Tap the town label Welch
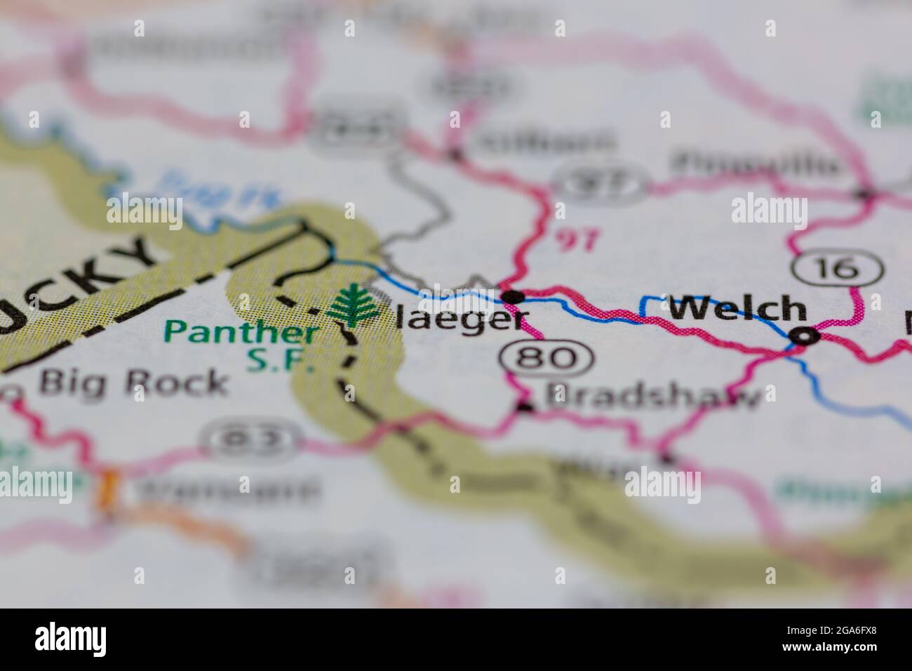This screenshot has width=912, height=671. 737,308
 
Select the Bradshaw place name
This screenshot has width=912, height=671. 652,398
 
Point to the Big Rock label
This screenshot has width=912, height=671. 133,383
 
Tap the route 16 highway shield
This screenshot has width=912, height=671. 837,267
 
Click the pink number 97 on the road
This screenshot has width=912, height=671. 577,240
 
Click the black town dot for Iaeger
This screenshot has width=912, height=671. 514,297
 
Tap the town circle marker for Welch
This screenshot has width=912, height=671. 803,336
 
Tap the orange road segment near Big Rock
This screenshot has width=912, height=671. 109,484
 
